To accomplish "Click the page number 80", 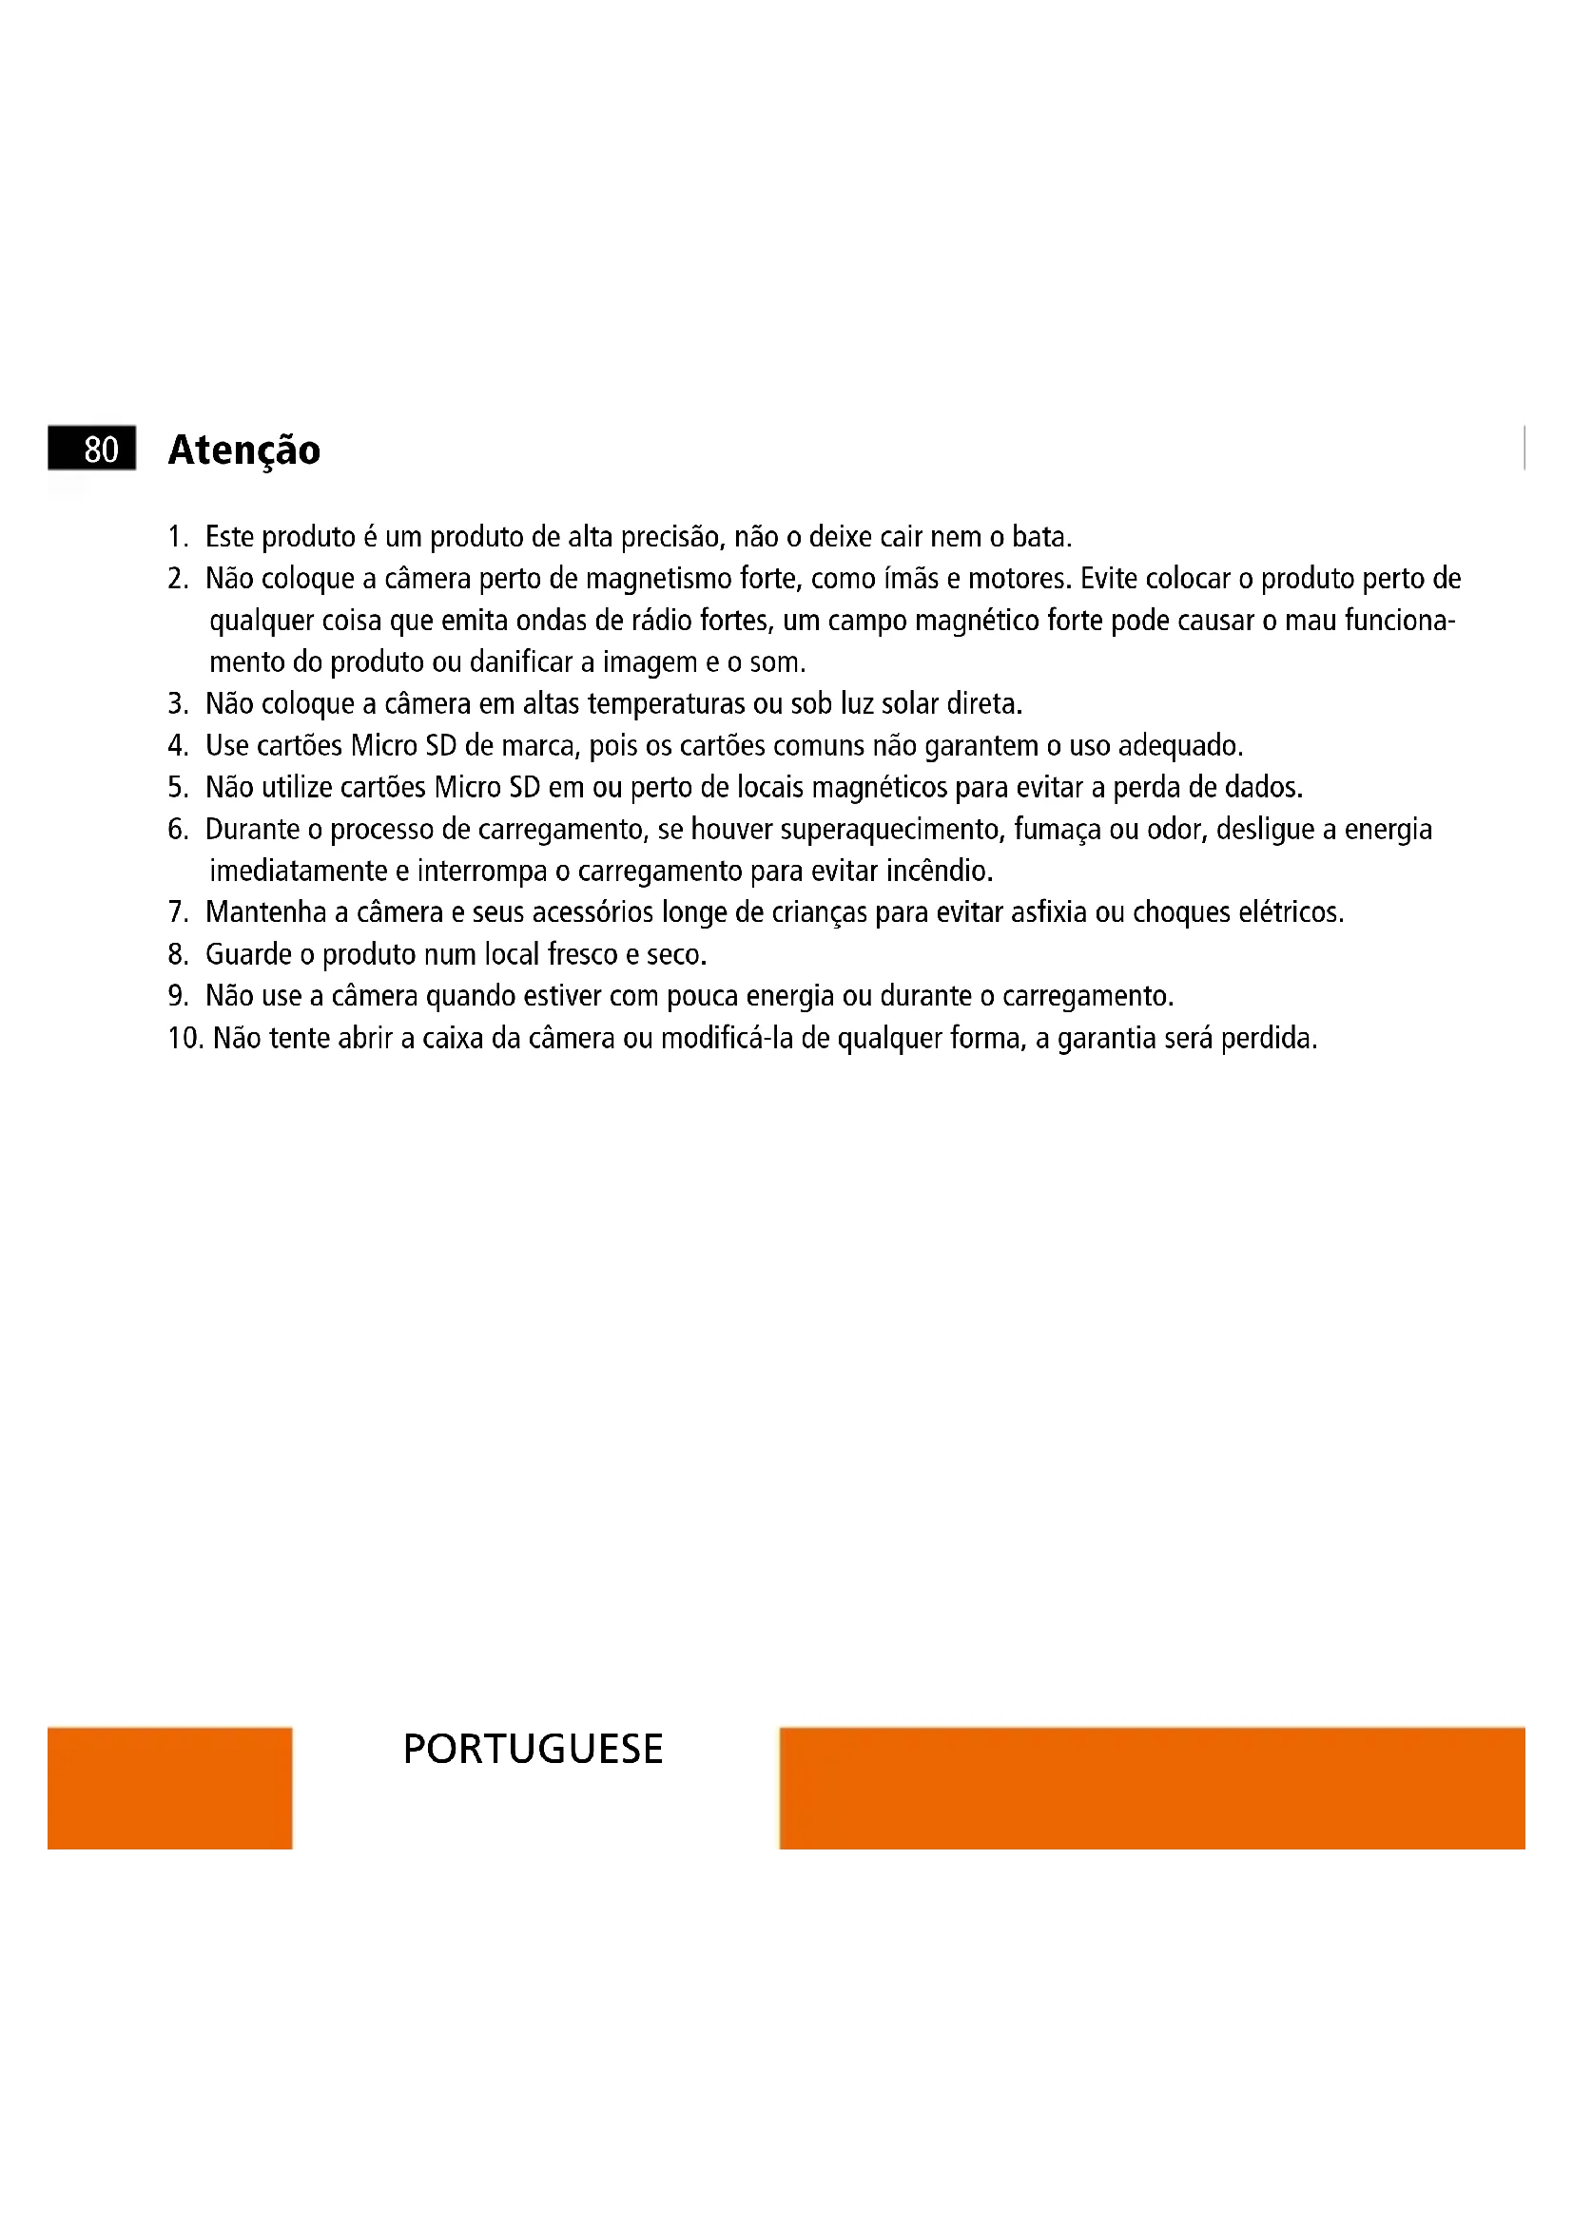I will click(x=101, y=450).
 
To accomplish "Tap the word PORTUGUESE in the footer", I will click(x=533, y=1750).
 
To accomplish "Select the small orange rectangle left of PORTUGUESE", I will click(x=169, y=1789).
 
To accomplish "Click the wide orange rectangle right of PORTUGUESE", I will click(x=1153, y=1789).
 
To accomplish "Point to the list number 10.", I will click(x=184, y=1039).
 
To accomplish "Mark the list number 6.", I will click(x=177, y=830).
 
